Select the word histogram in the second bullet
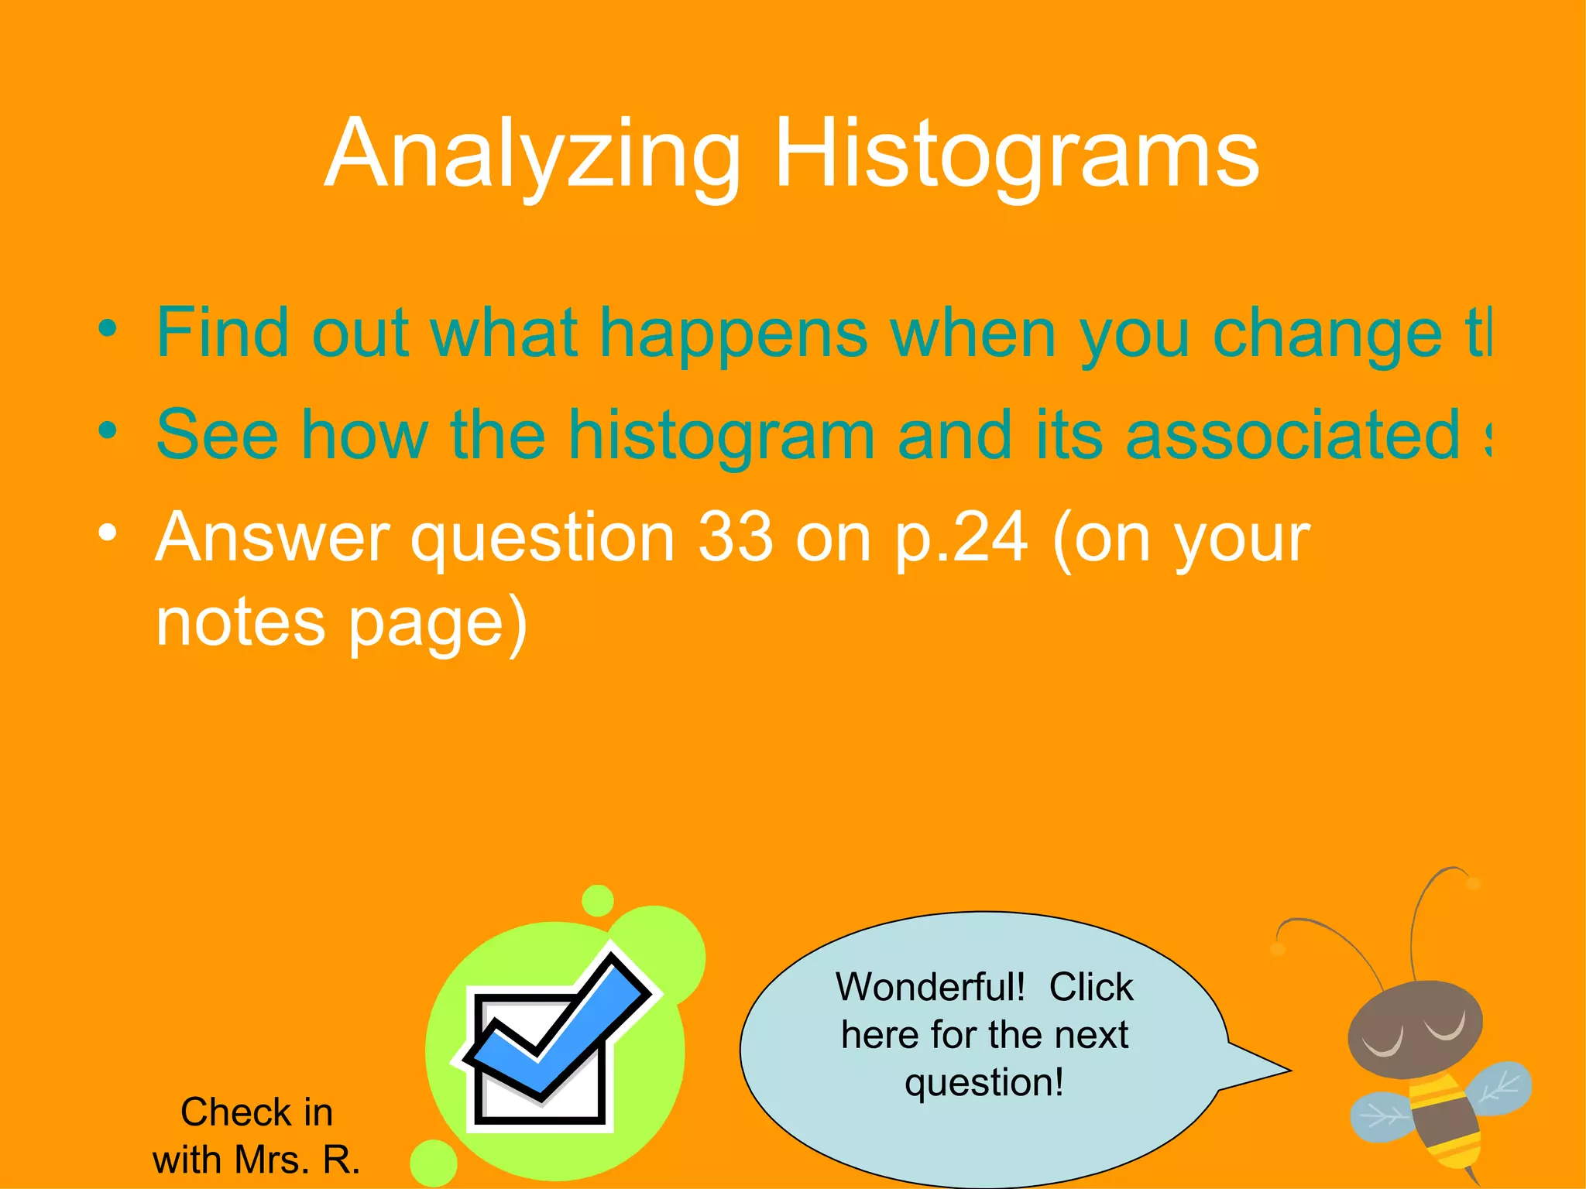[x=722, y=435]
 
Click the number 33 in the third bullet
[x=735, y=537]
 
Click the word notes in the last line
[x=240, y=622]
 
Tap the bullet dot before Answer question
[x=108, y=533]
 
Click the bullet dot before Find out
[x=108, y=328]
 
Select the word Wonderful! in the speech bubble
[x=930, y=988]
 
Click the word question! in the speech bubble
[x=984, y=1082]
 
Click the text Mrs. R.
[x=297, y=1160]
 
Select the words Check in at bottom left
[x=256, y=1112]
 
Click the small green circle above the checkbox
[x=597, y=900]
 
